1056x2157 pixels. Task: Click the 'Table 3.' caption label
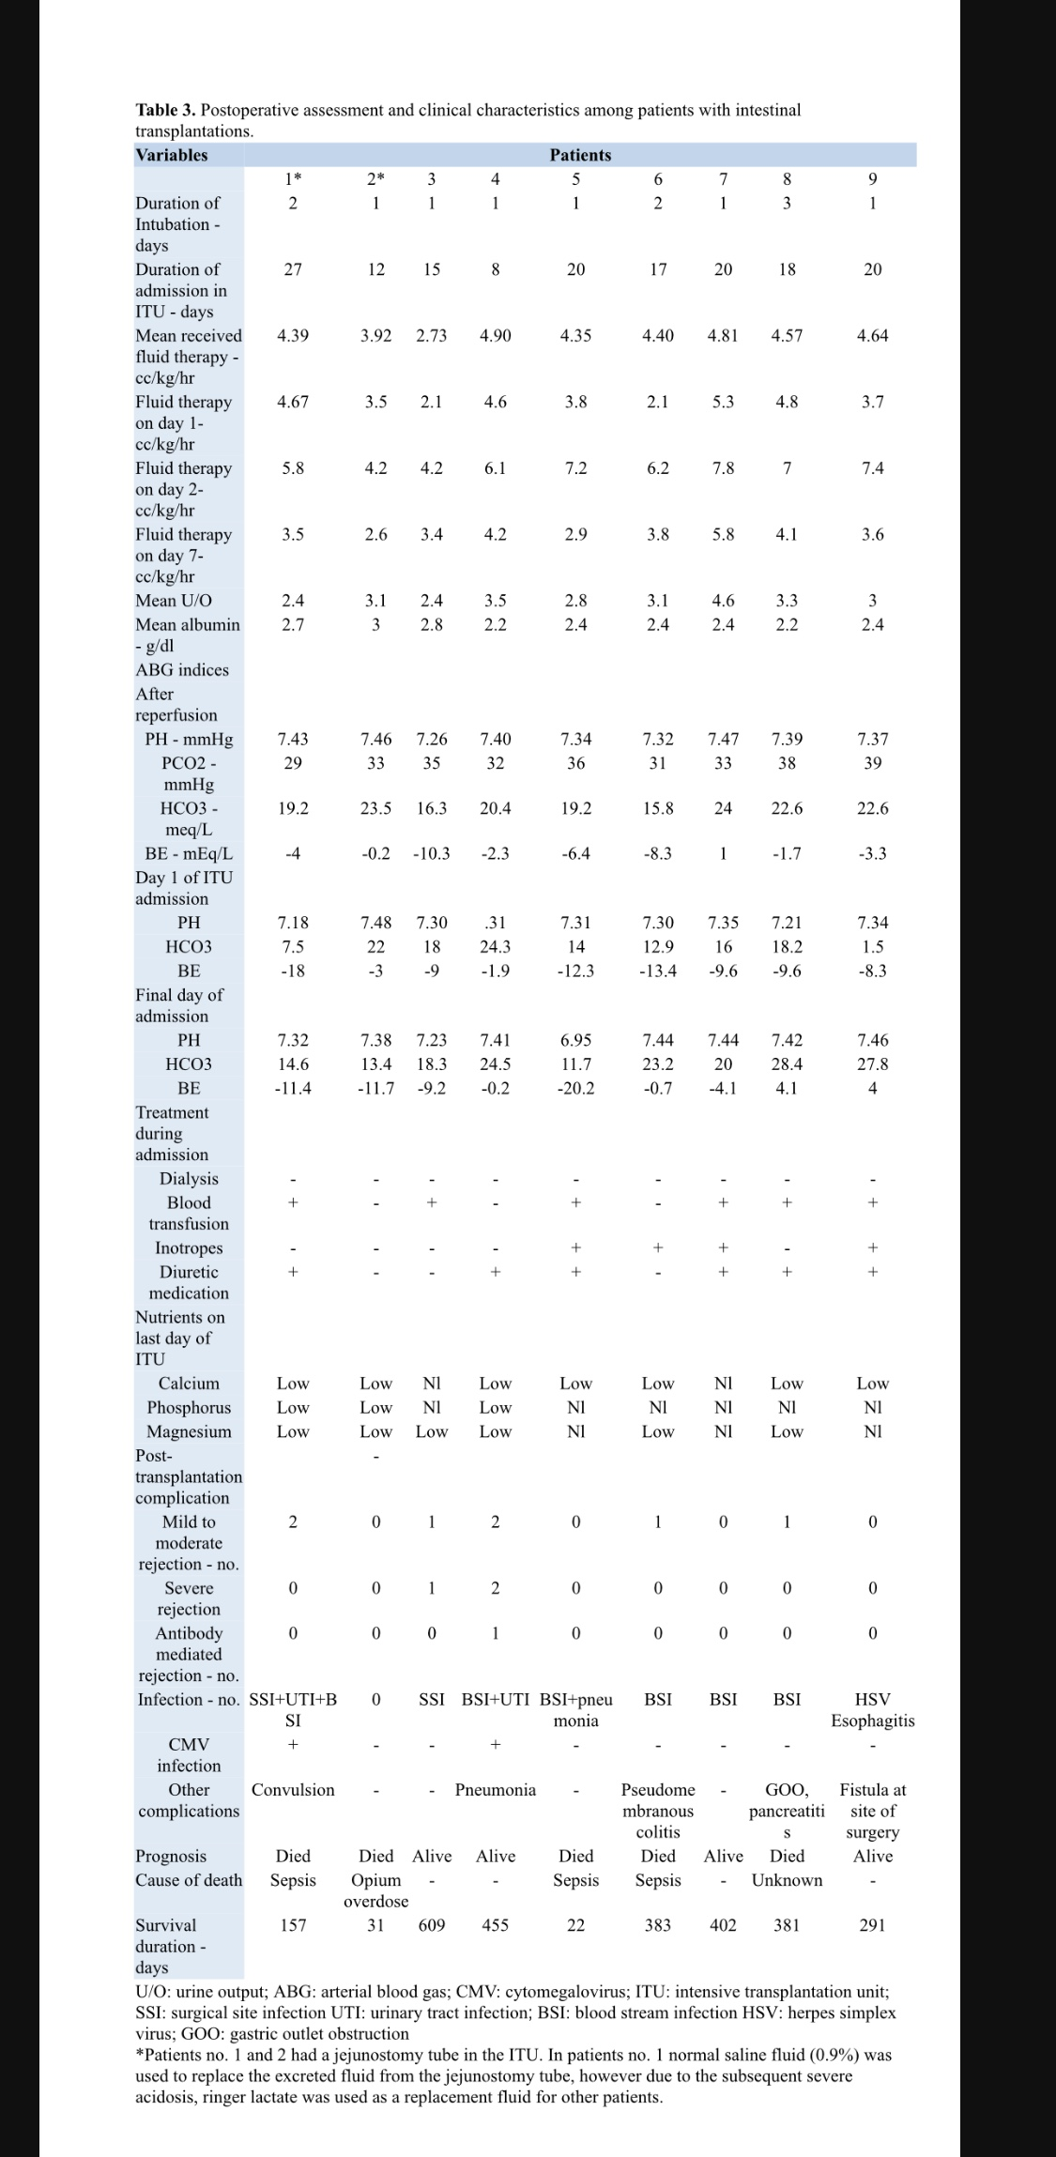tap(165, 110)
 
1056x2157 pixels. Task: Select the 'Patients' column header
tap(580, 155)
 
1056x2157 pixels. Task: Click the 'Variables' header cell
tap(172, 155)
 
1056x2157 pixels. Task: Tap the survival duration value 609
tap(431, 1925)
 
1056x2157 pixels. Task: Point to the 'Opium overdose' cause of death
tap(375, 1890)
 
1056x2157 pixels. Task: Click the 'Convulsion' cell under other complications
tap(293, 1790)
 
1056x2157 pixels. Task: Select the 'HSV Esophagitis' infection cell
tap(872, 1710)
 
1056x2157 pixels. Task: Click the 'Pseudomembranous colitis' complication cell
tap(658, 1811)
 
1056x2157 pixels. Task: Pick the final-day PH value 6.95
tap(575, 1040)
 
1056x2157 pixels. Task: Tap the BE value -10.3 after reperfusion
tap(431, 853)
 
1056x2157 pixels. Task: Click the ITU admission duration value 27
tap(293, 269)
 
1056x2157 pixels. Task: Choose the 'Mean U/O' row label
tap(174, 601)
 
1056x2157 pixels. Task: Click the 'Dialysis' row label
tap(189, 1179)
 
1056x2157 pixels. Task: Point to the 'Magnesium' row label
tap(189, 1431)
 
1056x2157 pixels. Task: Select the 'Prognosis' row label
tap(171, 1856)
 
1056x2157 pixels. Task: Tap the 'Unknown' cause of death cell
tap(787, 1880)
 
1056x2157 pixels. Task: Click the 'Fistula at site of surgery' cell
tap(872, 1811)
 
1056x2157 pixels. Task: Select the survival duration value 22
tap(575, 1925)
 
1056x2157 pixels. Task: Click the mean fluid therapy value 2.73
tap(431, 335)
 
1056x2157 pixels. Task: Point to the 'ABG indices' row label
tap(182, 670)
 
